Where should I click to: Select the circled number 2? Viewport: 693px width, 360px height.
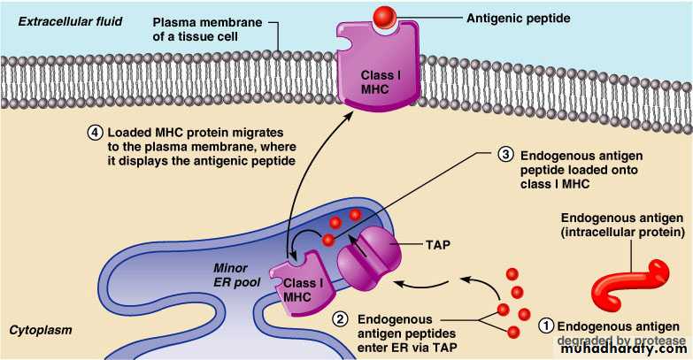[x=339, y=318]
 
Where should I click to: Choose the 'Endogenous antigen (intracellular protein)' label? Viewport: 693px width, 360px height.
[x=621, y=226]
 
